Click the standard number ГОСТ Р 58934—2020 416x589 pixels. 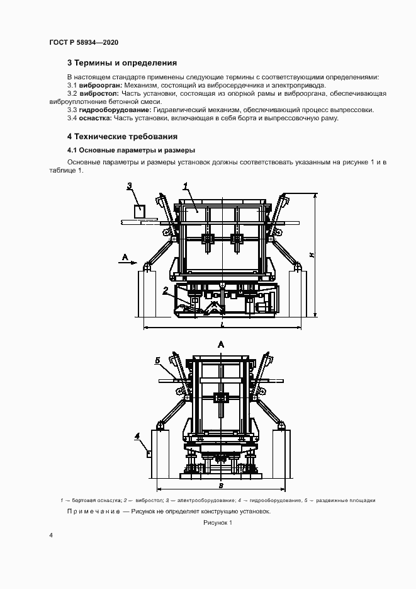(84, 42)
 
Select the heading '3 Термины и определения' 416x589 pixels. (121, 63)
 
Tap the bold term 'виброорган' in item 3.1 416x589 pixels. (101, 85)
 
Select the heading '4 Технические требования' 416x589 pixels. (122, 136)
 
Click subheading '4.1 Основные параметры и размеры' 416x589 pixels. (131, 150)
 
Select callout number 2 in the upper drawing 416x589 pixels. (165, 290)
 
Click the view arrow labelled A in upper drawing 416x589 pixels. (125, 257)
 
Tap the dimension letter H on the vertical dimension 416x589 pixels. (311, 254)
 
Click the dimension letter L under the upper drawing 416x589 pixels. (222, 323)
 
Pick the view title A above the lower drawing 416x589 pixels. (220, 344)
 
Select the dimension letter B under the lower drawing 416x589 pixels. (220, 486)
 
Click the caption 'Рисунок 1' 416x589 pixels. (218, 523)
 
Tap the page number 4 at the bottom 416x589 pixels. (51, 535)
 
